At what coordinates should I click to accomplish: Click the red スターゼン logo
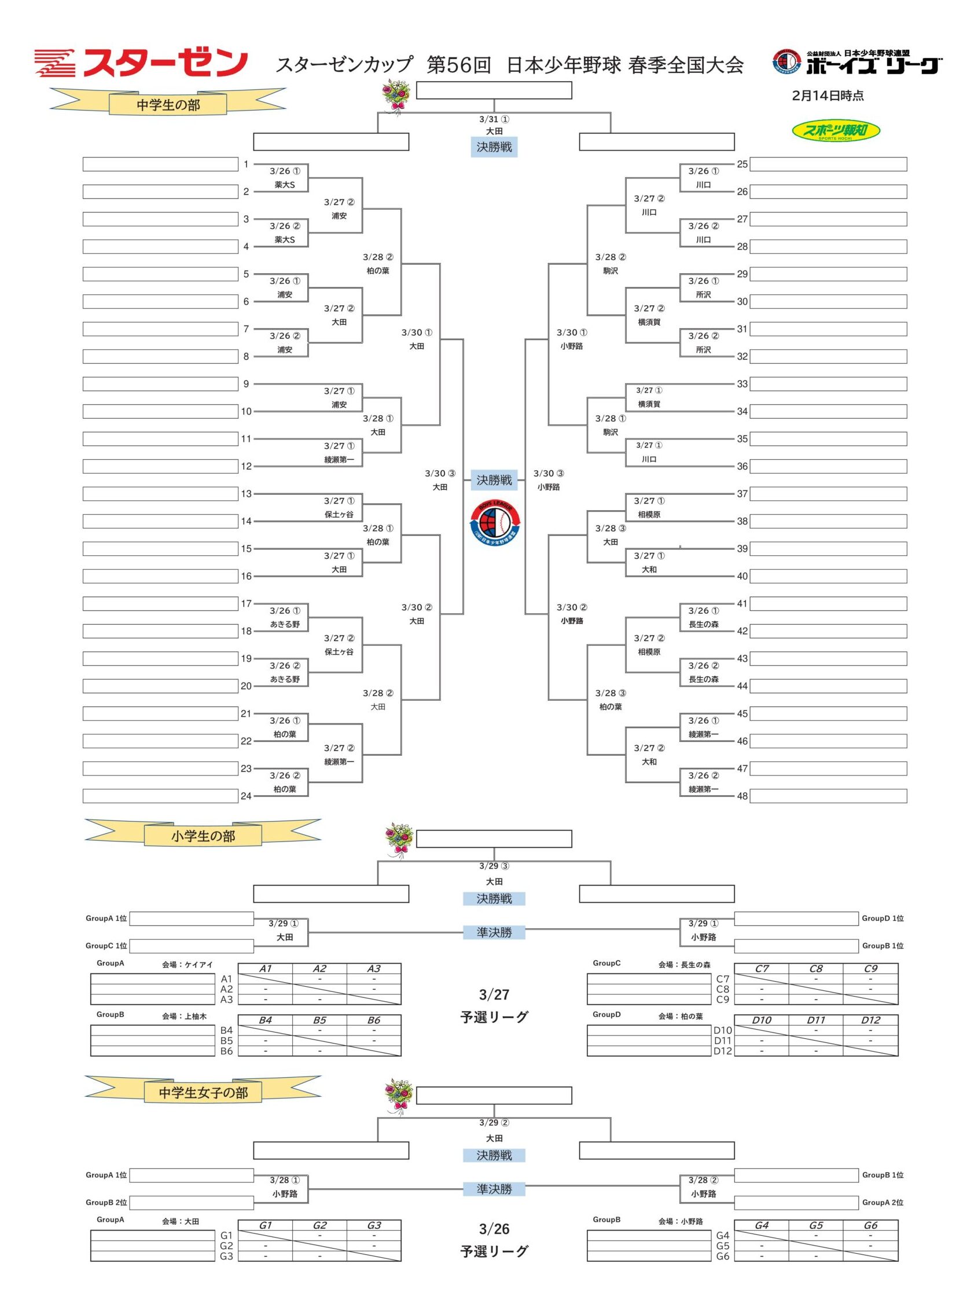[141, 63]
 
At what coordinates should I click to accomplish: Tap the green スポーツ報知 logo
[835, 131]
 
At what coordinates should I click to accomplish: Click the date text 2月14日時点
[828, 96]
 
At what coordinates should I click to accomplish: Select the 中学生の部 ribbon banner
[168, 104]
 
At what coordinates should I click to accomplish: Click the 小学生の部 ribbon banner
[203, 835]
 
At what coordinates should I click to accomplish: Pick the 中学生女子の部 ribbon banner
[203, 1092]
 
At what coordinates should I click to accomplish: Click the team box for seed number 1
[160, 164]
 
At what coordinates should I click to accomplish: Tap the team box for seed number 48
[828, 796]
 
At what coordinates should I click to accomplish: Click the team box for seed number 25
[828, 164]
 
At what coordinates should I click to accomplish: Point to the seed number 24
[246, 796]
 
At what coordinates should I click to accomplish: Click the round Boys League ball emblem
[494, 521]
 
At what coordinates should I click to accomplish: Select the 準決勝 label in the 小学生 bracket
[494, 932]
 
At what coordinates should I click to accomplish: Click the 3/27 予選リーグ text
[494, 1005]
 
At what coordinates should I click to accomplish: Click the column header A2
[319, 968]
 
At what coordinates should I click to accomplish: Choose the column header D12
[870, 1020]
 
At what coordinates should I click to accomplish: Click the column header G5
[815, 1225]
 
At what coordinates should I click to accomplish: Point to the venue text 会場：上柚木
[184, 1016]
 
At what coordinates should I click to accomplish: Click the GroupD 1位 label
[883, 918]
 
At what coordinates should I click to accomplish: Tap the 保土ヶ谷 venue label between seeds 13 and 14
[339, 514]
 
